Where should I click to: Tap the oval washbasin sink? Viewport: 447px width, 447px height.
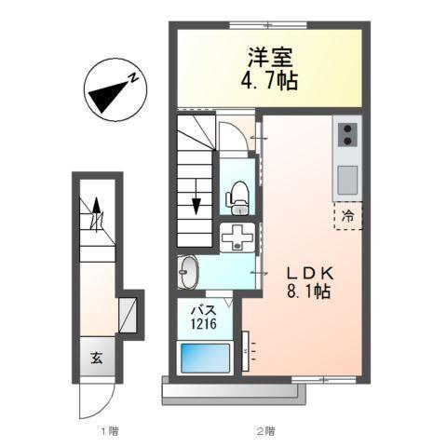[187, 273]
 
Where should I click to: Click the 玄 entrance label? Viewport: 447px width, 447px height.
[96, 355]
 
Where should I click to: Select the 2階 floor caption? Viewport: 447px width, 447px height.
[265, 430]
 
